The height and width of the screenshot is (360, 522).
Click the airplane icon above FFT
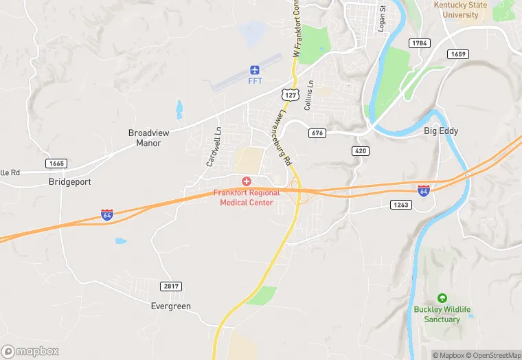255,69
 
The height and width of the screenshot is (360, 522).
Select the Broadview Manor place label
144,138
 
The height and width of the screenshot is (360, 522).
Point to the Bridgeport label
70,182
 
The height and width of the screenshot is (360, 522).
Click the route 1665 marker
56,163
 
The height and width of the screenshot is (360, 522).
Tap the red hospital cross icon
246,181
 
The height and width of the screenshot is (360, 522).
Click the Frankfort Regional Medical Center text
247,198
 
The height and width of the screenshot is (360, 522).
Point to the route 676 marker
317,133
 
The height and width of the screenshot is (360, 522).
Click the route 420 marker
361,150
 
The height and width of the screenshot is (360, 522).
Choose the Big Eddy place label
440,131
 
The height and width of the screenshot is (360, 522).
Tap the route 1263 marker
400,204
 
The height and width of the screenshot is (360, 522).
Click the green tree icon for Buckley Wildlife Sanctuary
442,298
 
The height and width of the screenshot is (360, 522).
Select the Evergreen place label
171,306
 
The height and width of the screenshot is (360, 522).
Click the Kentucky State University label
460,10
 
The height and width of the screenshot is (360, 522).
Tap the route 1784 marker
419,43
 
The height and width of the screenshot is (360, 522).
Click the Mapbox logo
30,351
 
